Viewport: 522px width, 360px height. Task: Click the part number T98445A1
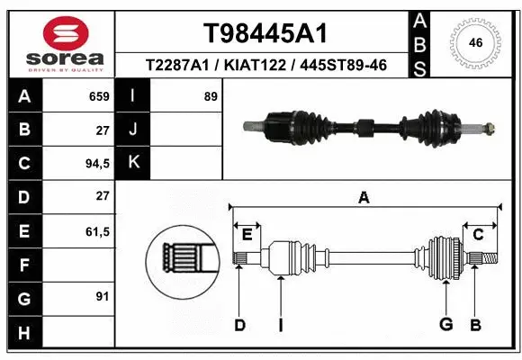click(x=265, y=33)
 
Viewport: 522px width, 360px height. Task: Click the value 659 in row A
click(x=99, y=96)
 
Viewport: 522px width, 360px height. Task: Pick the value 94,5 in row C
click(x=96, y=164)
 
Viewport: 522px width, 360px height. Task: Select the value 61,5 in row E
click(x=96, y=231)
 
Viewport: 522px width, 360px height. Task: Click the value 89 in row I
click(x=211, y=96)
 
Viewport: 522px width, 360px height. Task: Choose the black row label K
click(x=134, y=163)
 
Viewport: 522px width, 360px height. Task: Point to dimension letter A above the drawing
click(x=364, y=198)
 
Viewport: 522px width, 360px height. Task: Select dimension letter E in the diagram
click(x=247, y=235)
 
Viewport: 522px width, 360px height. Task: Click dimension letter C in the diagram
click(x=479, y=235)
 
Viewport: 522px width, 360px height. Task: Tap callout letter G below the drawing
click(x=445, y=325)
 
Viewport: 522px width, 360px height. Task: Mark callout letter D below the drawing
click(x=239, y=325)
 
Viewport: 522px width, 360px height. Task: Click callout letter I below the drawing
click(x=281, y=325)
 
